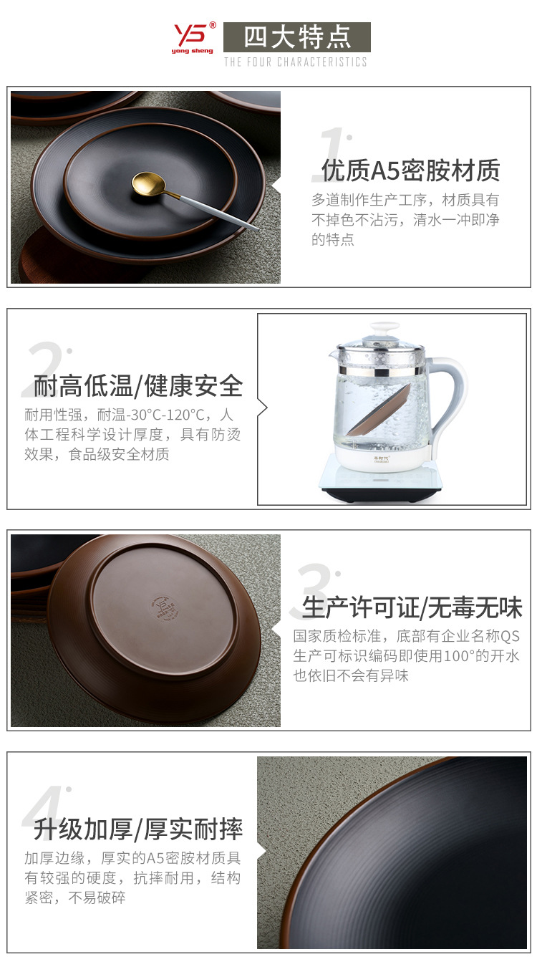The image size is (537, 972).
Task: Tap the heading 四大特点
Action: click(x=296, y=37)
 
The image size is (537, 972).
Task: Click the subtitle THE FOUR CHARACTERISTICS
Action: click(x=295, y=62)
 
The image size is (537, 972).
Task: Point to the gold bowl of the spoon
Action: click(x=148, y=183)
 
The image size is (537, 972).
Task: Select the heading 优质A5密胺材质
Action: click(x=410, y=170)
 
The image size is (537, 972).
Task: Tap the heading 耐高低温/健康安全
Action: click(x=137, y=386)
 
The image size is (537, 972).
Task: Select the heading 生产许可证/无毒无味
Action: click(x=412, y=608)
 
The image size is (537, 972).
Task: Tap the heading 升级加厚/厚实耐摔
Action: click(x=137, y=829)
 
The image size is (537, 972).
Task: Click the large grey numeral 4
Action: click(x=45, y=814)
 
